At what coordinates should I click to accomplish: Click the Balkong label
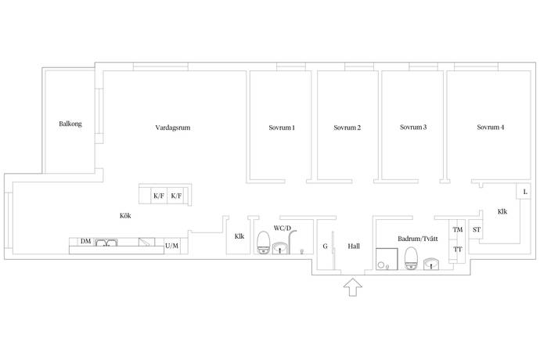[70, 124]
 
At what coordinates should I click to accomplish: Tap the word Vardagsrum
[172, 128]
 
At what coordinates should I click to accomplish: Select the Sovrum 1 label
[282, 128]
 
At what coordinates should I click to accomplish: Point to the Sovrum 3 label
[413, 127]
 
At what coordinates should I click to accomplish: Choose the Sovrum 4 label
[491, 127]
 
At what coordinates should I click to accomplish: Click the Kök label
[125, 216]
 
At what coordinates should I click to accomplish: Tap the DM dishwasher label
[86, 241]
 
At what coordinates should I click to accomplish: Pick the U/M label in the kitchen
[172, 246]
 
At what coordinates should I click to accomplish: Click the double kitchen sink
[106, 242]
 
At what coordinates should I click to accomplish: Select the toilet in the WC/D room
[264, 243]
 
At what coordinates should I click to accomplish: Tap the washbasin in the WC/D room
[280, 248]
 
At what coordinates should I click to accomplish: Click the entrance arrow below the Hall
[353, 287]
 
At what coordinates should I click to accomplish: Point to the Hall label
[354, 246]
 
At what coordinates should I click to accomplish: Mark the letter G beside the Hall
[325, 246]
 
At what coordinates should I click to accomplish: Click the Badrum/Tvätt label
[418, 239]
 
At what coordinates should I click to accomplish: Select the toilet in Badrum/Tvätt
[411, 258]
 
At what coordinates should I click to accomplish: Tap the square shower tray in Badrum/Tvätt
[387, 259]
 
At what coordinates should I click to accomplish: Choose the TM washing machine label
[458, 229]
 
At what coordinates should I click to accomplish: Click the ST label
[477, 229]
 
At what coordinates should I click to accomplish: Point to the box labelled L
[524, 192]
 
